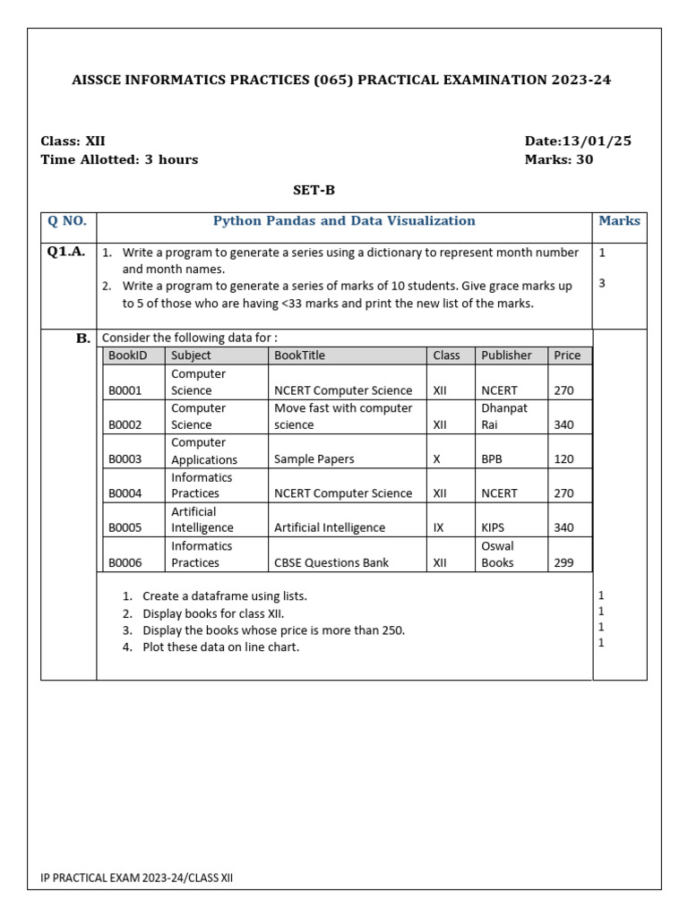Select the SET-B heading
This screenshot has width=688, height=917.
pos(314,190)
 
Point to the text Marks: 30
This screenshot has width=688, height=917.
pos(558,159)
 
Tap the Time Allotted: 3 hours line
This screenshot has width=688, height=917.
pos(119,159)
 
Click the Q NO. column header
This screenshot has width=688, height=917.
pos(67,221)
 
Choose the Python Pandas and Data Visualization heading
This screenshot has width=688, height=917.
pos(344,220)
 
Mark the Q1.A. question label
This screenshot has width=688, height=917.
pos(66,252)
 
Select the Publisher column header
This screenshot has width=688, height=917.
pos(506,355)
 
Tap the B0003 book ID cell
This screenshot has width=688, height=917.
pos(125,458)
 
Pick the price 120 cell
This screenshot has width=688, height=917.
pos(563,458)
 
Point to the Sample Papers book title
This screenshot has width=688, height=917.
pos(314,458)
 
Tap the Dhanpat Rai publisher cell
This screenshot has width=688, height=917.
pos(504,416)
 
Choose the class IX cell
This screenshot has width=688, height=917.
pos(439,527)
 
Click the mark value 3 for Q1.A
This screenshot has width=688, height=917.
pos(602,283)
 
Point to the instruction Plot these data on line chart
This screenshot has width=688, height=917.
pos(220,647)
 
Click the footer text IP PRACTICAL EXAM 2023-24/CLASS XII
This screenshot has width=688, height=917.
pos(136,878)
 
